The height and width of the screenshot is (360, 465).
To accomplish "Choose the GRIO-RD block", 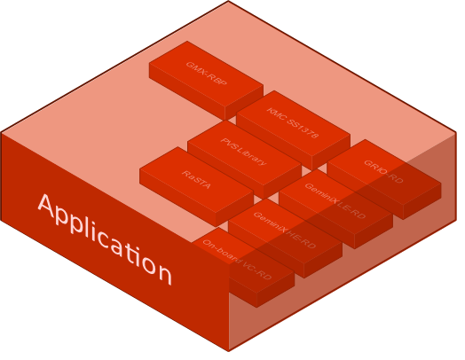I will click(383, 172).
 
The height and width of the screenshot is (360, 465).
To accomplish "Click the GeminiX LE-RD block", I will click(335, 202).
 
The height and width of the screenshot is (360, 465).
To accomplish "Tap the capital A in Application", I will click(50, 208).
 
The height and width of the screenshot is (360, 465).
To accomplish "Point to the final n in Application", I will click(162, 270).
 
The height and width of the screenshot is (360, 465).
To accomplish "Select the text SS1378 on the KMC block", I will click(303, 128).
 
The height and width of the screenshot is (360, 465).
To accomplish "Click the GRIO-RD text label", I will click(383, 171).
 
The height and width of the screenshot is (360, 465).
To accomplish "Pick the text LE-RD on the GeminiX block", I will click(350, 209).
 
